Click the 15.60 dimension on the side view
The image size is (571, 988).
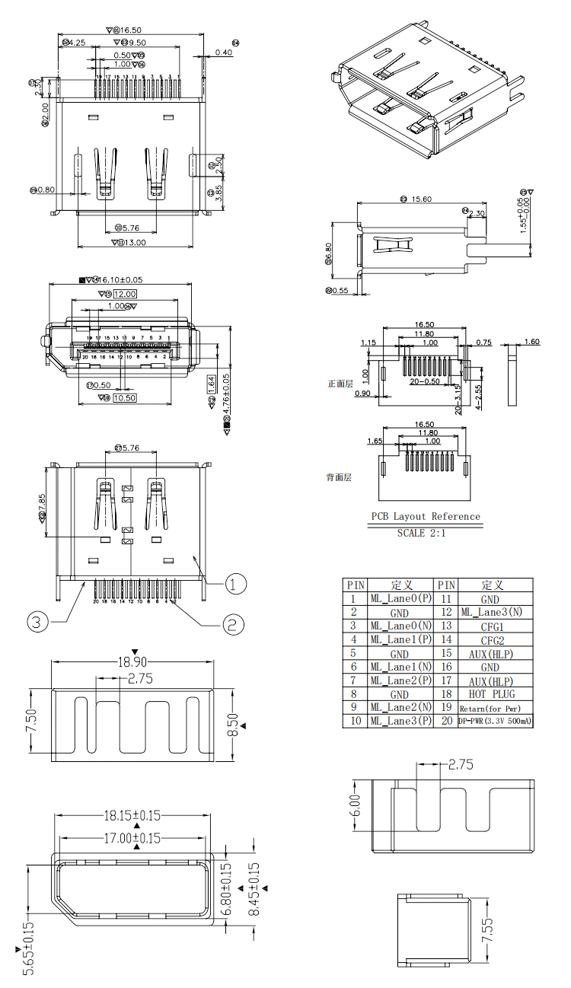(421, 199)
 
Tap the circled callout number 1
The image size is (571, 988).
(235, 584)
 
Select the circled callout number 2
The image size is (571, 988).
(234, 625)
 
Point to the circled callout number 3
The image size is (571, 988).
(38, 622)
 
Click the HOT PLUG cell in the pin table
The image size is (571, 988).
(492, 694)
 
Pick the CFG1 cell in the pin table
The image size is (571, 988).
(492, 626)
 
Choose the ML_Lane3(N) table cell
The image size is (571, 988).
(492, 612)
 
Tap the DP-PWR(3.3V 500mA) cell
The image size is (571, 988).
(495, 721)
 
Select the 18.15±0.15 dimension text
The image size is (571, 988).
(132, 815)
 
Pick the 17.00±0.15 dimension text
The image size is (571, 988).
(132, 839)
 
